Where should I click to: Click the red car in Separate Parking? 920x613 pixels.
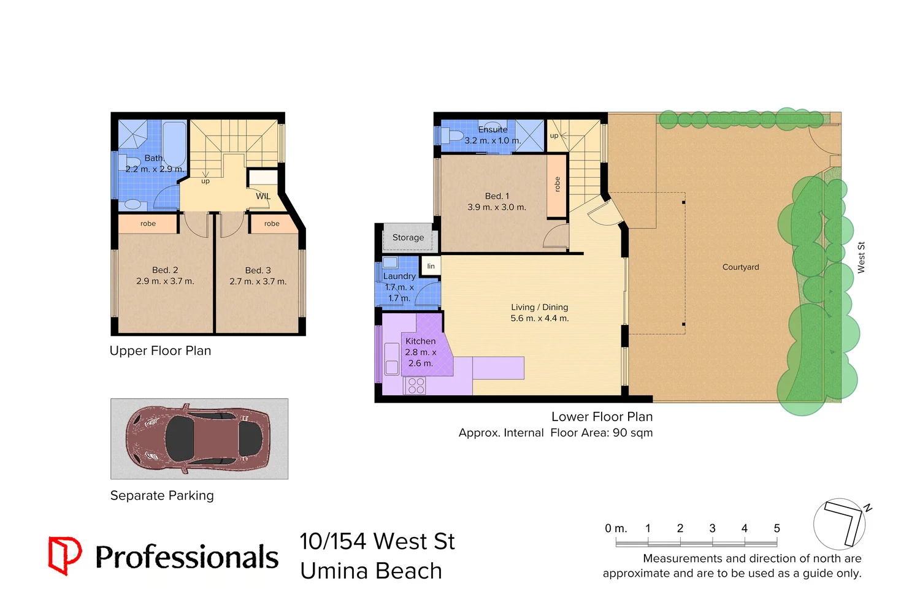(197, 439)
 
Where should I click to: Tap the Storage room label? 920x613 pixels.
(408, 238)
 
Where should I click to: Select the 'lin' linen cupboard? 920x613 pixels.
(431, 266)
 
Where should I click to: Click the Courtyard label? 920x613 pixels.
(740, 267)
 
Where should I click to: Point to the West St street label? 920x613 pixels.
(861, 257)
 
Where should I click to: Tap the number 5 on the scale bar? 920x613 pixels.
(776, 528)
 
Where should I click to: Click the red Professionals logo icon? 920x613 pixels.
(64, 555)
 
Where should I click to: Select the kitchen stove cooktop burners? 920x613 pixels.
(416, 386)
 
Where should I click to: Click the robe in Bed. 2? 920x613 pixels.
(148, 224)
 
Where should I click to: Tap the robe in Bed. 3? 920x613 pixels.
(272, 224)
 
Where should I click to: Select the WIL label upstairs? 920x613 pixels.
(263, 196)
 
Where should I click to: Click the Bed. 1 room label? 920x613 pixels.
(497, 196)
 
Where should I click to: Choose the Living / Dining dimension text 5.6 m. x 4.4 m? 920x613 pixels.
(540, 319)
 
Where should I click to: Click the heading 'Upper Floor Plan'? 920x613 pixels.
(160, 351)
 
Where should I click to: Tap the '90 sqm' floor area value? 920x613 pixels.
(632, 433)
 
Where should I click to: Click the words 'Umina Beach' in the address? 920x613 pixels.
(371, 571)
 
